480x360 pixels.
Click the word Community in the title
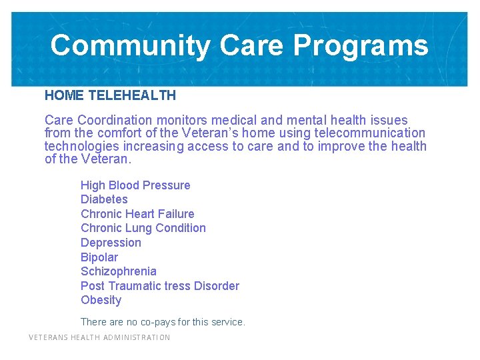point(130,45)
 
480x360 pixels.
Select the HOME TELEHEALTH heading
point(110,95)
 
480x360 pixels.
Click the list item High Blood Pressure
point(135,185)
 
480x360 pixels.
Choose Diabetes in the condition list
point(104,199)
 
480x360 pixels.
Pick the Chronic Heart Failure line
point(137,214)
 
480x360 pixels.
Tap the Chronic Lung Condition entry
point(143,228)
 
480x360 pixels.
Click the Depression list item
point(111,243)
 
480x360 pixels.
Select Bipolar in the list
point(99,257)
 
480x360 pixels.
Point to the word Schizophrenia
point(119,271)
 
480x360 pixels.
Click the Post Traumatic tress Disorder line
point(160,286)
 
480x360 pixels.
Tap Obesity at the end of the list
point(101,300)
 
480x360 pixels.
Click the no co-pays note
point(163,322)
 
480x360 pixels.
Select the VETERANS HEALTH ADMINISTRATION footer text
point(99,337)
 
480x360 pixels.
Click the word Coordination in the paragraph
point(115,120)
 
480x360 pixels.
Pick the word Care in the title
point(251,45)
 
